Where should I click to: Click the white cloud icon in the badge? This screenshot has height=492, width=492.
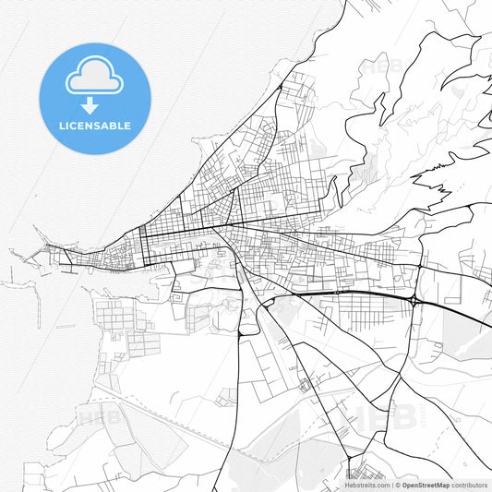click(x=94, y=76)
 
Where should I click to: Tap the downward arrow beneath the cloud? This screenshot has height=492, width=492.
click(x=90, y=104)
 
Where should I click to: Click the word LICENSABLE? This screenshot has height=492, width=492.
click(x=94, y=126)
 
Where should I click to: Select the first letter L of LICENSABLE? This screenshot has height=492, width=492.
click(x=61, y=126)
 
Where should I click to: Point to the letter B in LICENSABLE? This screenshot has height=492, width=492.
click(x=113, y=126)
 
